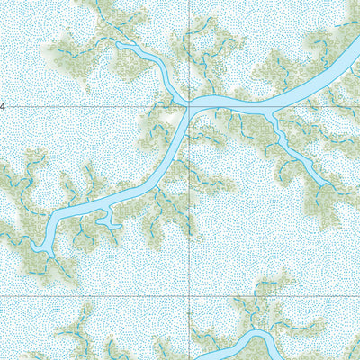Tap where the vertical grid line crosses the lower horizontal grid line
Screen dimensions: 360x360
tap(189, 295)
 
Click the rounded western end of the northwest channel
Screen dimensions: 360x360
tap(120, 44)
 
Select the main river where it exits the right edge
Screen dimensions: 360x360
tap(356, 54)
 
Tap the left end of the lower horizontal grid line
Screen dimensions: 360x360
tap(2, 295)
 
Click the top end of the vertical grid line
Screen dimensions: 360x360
tap(189, 2)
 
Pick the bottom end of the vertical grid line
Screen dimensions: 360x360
tap(189, 358)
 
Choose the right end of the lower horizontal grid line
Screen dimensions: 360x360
tap(358, 295)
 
